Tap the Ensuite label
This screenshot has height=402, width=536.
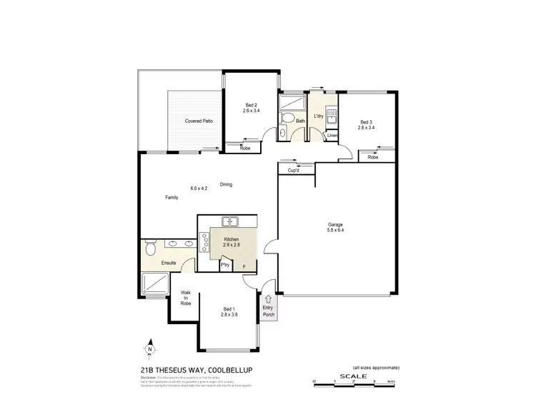click(169, 263)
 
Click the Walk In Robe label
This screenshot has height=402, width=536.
click(185, 298)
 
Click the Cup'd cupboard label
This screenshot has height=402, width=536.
click(293, 170)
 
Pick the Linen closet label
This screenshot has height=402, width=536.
click(332, 135)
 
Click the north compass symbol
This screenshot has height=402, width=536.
click(151, 349)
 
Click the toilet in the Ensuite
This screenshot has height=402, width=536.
click(149, 248)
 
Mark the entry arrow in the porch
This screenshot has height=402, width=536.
click(268, 300)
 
